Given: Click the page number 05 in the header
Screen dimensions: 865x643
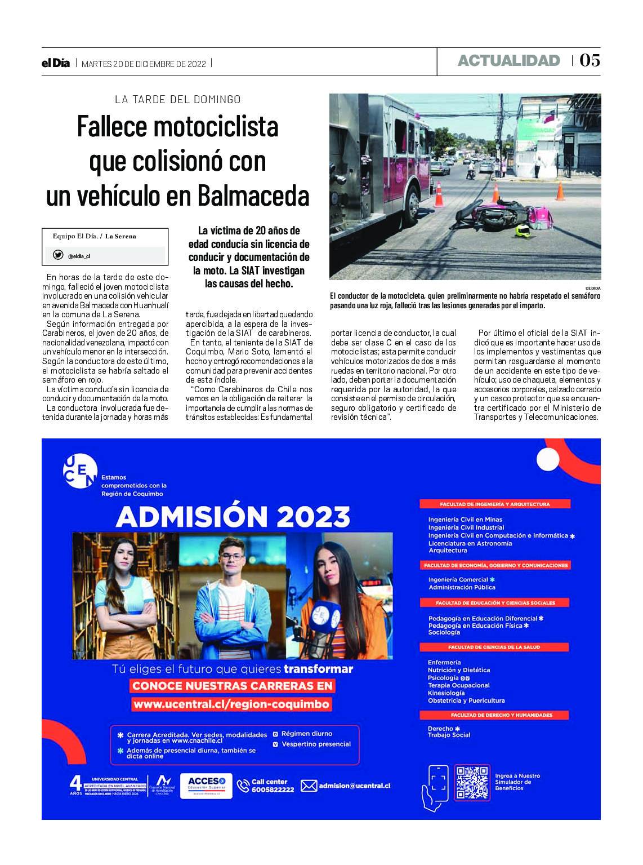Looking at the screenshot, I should coord(590,60).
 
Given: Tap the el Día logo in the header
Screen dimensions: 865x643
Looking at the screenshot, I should coord(56,63).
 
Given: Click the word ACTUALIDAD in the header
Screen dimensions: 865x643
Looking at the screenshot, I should coord(508,61).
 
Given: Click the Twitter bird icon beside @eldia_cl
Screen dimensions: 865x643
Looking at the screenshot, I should coord(58,255).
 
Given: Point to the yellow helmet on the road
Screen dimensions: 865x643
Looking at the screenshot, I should coord(523,230).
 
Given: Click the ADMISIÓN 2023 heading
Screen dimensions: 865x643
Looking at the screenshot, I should coord(233,516).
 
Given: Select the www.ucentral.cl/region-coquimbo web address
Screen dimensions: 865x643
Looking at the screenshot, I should coord(231,704).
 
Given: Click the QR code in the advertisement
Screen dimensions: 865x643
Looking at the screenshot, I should coord(472,782).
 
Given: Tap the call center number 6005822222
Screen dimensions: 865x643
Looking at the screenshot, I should coord(273,789).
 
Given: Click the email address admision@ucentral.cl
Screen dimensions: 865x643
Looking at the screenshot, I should coord(354,786).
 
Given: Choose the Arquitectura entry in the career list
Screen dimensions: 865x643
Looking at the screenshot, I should coord(448,551).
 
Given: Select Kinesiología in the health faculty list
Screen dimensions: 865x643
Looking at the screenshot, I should coord(446,693).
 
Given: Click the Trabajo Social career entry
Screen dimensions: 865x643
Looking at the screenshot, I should coord(449,735).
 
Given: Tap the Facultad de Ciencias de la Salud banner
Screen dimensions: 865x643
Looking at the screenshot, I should coord(494,647).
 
